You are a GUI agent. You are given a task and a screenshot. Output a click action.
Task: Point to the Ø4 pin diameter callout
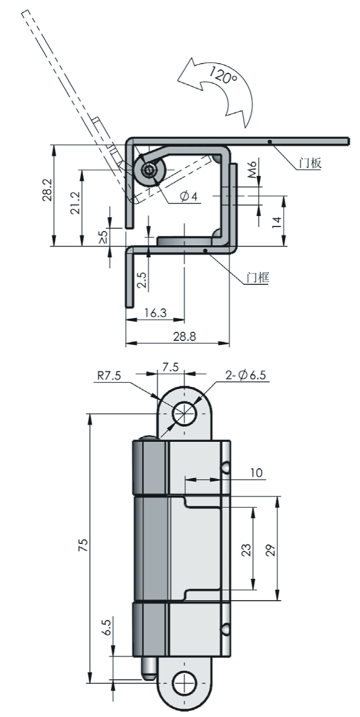[189, 197]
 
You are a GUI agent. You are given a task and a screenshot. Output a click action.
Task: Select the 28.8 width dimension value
[183, 337]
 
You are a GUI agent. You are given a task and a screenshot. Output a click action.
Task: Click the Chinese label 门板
[310, 163]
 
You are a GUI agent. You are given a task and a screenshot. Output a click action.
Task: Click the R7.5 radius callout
[109, 377]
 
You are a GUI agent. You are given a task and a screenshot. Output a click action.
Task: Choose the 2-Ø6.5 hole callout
[246, 375]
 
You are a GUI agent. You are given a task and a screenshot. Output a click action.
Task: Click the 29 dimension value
[271, 549]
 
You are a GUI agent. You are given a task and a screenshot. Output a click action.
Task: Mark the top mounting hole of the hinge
[184, 412]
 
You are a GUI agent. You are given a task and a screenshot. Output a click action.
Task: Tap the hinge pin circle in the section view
[150, 171]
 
